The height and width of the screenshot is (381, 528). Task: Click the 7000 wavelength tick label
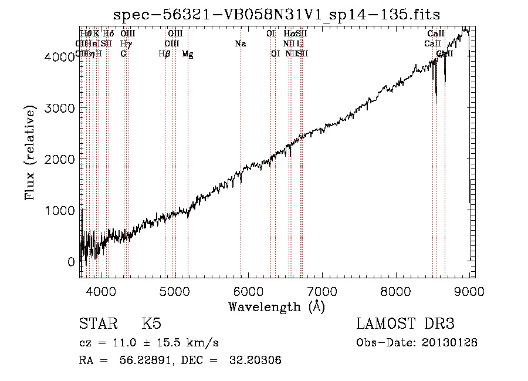click(322, 289)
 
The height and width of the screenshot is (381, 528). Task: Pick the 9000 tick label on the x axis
click(469, 289)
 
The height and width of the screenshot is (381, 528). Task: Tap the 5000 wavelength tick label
click(174, 289)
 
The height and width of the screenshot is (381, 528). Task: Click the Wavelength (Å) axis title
click(276, 306)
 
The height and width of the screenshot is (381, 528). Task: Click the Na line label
click(241, 44)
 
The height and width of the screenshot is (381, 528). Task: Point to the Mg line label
click(188, 54)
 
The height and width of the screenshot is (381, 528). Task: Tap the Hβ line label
click(165, 54)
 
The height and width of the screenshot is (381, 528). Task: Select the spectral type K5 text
click(151, 324)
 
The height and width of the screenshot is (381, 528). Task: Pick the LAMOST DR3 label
click(405, 324)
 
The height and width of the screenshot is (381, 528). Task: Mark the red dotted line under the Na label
click(241, 147)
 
